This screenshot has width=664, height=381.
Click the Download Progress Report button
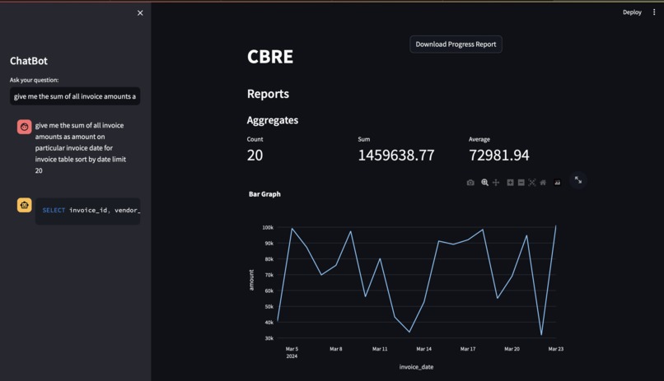pos(456,44)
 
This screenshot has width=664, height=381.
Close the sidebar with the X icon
pos(140,13)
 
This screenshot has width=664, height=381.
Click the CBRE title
pos(270,57)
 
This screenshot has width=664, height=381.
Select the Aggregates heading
pos(273,120)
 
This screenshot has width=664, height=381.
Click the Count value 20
pos(255,155)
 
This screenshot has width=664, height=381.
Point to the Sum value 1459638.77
pos(395,155)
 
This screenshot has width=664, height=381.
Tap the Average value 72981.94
pos(499,155)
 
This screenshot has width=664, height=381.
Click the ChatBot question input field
pos(75,96)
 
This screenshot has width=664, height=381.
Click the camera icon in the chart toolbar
pos(470,183)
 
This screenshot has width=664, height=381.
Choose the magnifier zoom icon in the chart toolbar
pos(484,183)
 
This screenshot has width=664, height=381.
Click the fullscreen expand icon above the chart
pos(578,180)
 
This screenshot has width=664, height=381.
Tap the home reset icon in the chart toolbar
pos(543,183)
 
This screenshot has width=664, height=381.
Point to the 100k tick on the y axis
pos(268,228)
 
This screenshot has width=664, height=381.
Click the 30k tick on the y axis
pos(269,338)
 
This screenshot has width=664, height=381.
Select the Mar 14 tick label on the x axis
pos(423,349)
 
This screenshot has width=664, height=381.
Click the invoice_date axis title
pos(416,367)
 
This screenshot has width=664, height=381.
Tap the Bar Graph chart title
pos(264,194)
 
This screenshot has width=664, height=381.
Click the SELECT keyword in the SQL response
pos(54,211)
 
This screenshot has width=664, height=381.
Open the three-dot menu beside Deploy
pos(654,12)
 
